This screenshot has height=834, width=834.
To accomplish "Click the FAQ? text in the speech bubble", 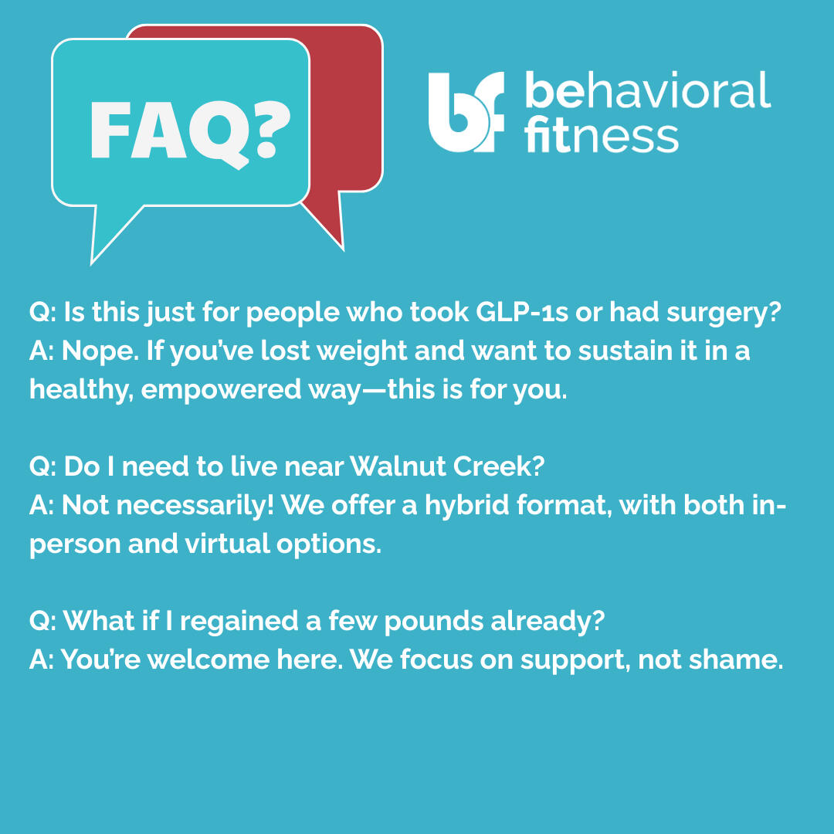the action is (191, 133).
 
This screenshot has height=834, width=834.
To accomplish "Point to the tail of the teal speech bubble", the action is (112, 232).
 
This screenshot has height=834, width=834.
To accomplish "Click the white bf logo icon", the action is (466, 112).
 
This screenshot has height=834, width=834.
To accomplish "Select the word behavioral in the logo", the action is (648, 90).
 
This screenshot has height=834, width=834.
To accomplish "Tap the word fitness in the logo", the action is (601, 134).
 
